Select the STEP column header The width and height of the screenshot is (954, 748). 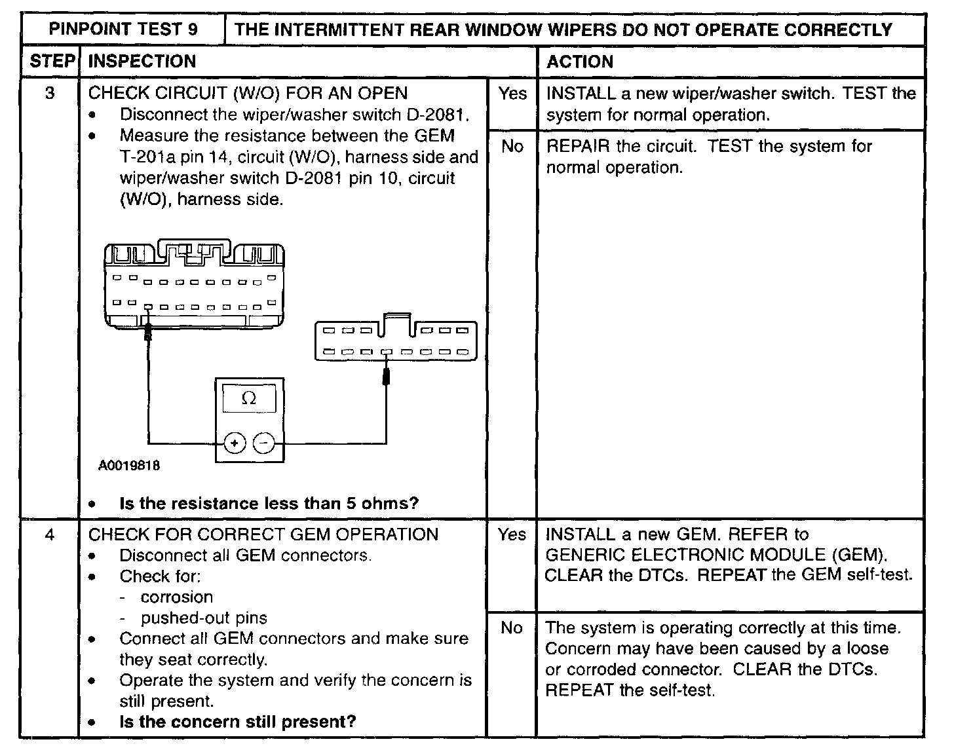(x=51, y=62)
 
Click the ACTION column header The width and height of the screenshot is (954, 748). (x=580, y=62)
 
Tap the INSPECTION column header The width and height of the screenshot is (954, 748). (x=142, y=62)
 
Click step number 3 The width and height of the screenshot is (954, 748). (x=50, y=93)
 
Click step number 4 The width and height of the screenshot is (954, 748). (x=50, y=534)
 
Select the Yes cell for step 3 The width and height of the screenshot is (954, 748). (x=512, y=94)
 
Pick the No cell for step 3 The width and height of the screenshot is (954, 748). (x=512, y=146)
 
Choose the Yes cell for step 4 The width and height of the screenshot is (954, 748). (x=512, y=534)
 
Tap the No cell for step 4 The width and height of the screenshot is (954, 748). (x=512, y=628)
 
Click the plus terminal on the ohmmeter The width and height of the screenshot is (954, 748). (x=235, y=443)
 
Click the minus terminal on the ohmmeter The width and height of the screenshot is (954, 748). (x=264, y=443)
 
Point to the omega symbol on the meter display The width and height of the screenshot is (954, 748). (x=249, y=398)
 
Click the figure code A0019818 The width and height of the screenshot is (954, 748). (x=129, y=466)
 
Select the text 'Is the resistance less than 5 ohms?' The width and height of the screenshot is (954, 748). (x=269, y=503)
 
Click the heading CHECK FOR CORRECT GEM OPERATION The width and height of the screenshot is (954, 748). (x=263, y=534)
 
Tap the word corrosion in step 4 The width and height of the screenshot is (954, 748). (x=176, y=597)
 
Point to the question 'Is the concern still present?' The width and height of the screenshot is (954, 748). (x=237, y=722)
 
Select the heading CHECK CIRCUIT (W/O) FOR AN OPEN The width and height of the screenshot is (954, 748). (x=248, y=93)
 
